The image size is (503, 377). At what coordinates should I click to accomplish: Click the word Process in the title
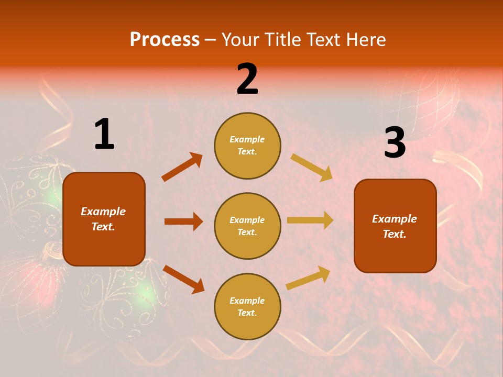[165, 40]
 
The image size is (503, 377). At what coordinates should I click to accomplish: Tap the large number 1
[104, 135]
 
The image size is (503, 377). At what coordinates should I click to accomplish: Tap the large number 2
[247, 79]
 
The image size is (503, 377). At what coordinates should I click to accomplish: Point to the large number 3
[395, 143]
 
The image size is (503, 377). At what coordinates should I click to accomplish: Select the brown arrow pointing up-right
[182, 167]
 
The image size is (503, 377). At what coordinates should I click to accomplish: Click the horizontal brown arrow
[183, 221]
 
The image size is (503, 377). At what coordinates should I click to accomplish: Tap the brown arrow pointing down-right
[183, 279]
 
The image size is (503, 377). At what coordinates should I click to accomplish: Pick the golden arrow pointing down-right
[312, 167]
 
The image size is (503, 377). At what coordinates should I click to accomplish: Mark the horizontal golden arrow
[310, 220]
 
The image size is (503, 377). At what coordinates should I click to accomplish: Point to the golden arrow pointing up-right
[308, 278]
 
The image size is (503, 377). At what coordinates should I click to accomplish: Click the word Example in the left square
[103, 212]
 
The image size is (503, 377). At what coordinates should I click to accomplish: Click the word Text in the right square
[394, 234]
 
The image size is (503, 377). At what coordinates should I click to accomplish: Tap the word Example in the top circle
[247, 140]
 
